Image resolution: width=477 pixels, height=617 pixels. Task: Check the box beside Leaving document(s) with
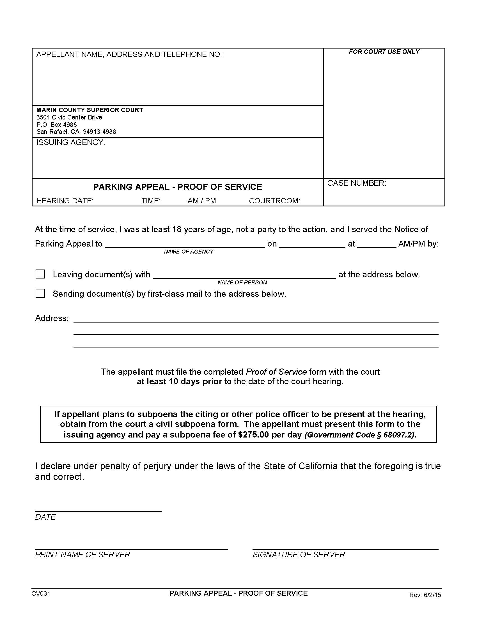click(x=40, y=274)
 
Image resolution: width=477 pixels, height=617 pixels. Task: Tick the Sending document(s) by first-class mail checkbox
click(x=40, y=293)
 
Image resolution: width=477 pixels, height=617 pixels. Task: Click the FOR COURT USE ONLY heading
click(x=384, y=52)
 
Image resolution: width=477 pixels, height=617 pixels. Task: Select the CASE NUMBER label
click(x=356, y=183)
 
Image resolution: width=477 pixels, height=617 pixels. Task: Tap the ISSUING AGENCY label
click(x=71, y=142)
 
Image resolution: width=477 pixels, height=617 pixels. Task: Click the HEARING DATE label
click(x=65, y=201)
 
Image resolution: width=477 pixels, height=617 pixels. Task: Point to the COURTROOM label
click(x=274, y=201)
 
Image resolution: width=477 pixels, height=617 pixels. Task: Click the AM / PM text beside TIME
click(x=201, y=201)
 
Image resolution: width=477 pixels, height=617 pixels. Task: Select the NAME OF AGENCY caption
click(x=189, y=252)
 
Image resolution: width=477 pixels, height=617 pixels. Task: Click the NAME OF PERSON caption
click(x=242, y=282)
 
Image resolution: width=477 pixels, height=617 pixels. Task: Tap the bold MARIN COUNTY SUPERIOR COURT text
click(x=90, y=110)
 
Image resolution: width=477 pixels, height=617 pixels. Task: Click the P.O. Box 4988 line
click(x=56, y=125)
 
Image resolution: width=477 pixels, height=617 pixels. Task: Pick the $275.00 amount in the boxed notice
click(x=253, y=434)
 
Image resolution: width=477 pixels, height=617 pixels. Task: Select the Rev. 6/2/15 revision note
click(x=425, y=595)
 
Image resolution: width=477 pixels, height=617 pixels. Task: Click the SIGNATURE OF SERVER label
click(x=299, y=554)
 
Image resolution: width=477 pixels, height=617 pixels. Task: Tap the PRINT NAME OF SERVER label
click(x=82, y=554)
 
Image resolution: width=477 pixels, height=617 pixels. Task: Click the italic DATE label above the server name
click(x=45, y=517)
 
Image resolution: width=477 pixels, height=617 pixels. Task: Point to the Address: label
click(x=52, y=318)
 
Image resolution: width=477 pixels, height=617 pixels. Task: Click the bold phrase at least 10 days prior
click(x=179, y=381)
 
